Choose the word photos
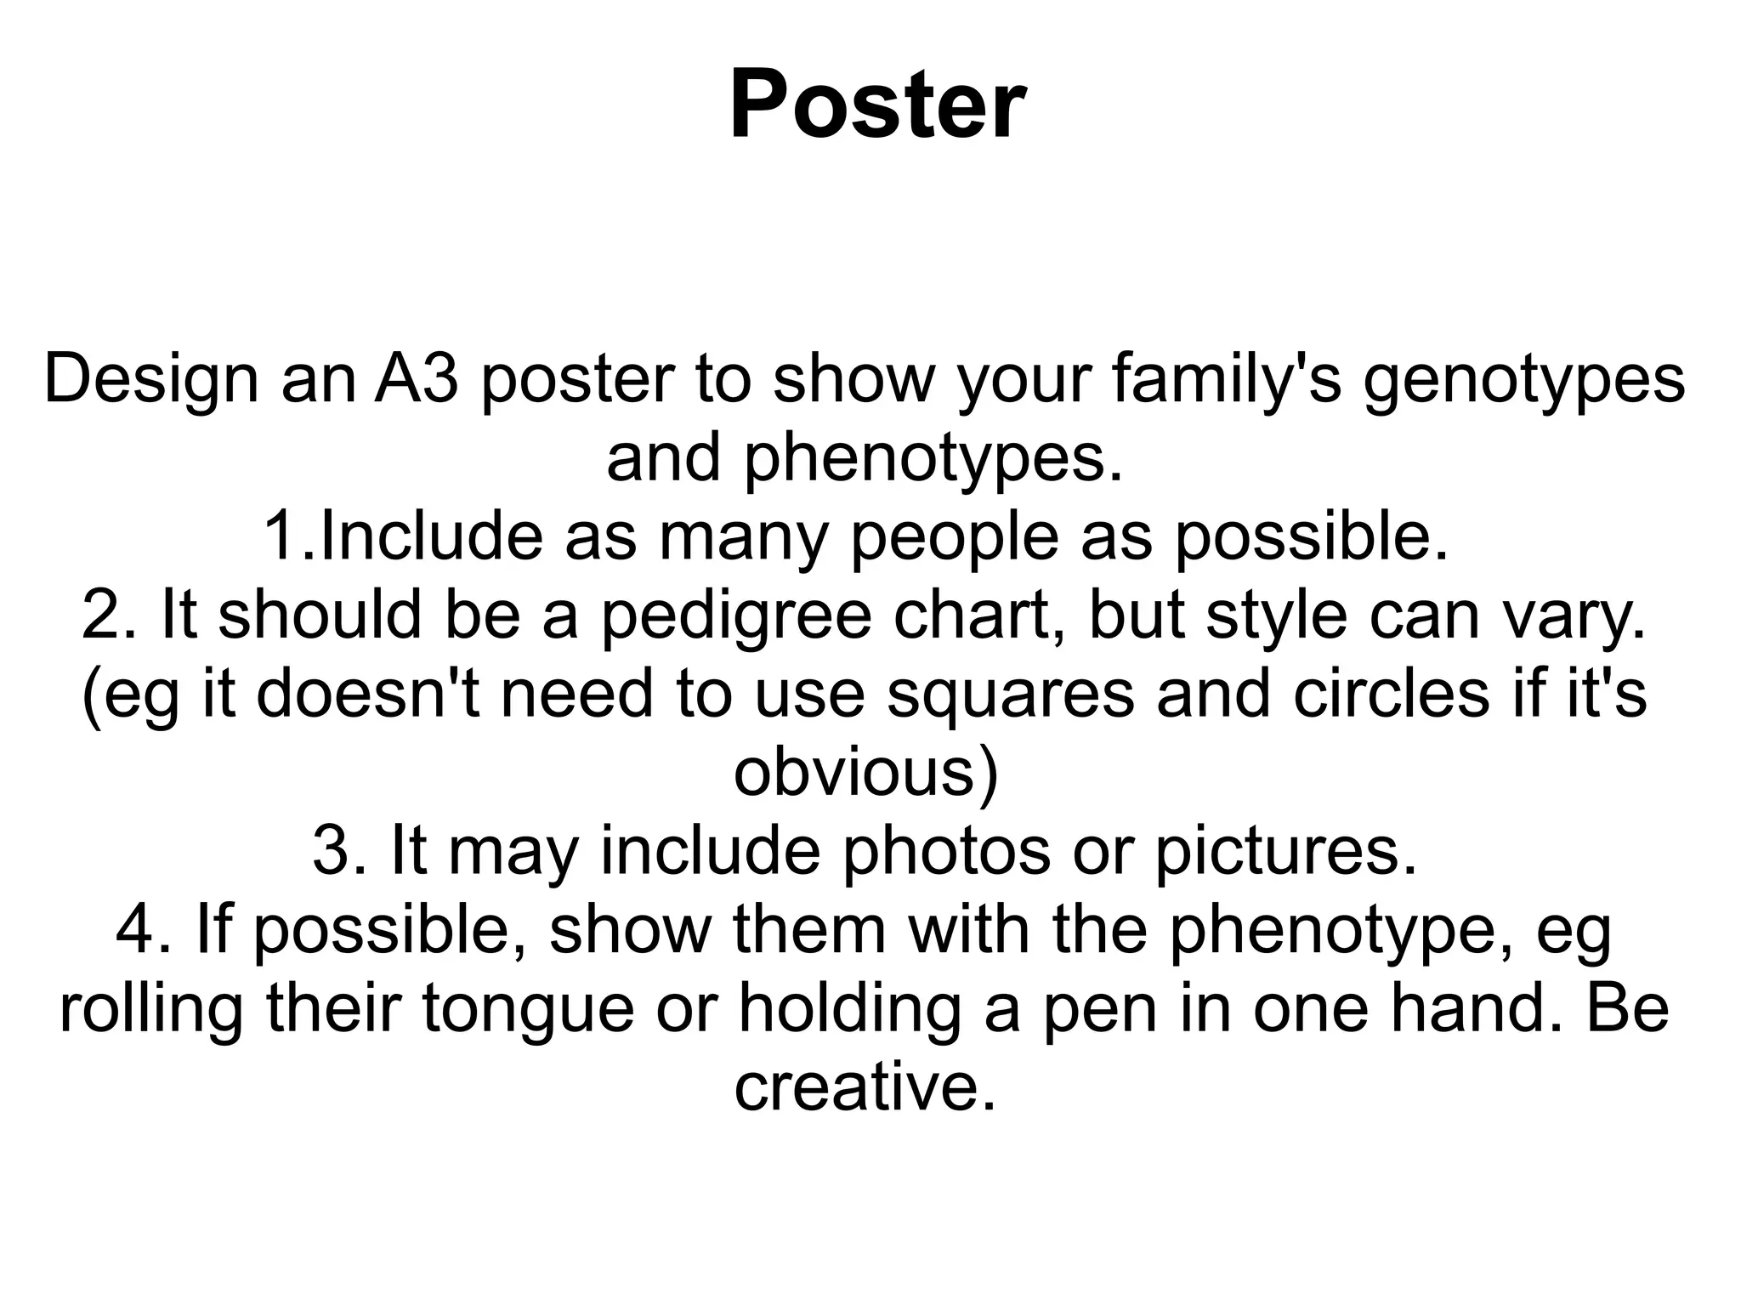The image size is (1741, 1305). pyautogui.click(x=945, y=852)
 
